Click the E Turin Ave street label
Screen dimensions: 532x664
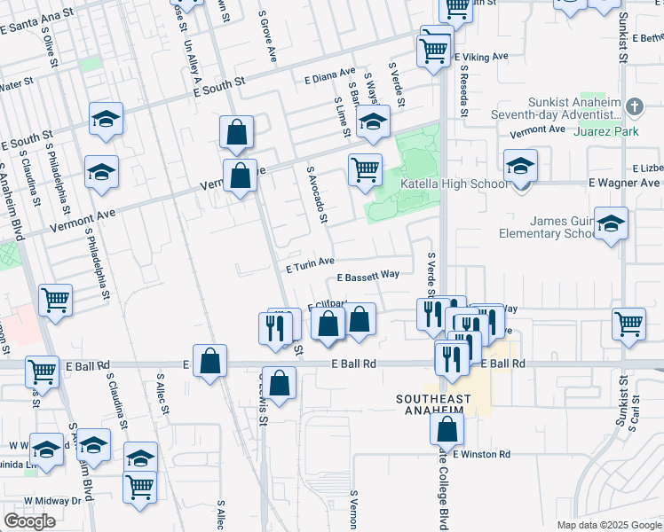pos(309,262)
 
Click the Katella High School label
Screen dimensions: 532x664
pos(454,184)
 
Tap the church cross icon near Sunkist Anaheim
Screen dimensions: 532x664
pos(634,107)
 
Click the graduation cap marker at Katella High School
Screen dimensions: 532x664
pos(520,166)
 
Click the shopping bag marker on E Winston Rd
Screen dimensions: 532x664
pos(447,429)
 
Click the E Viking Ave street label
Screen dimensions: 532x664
pos(481,57)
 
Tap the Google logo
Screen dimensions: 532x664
pos(29,521)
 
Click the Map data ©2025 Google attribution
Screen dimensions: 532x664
pos(608,525)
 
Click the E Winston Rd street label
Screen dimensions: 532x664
pos(481,455)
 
